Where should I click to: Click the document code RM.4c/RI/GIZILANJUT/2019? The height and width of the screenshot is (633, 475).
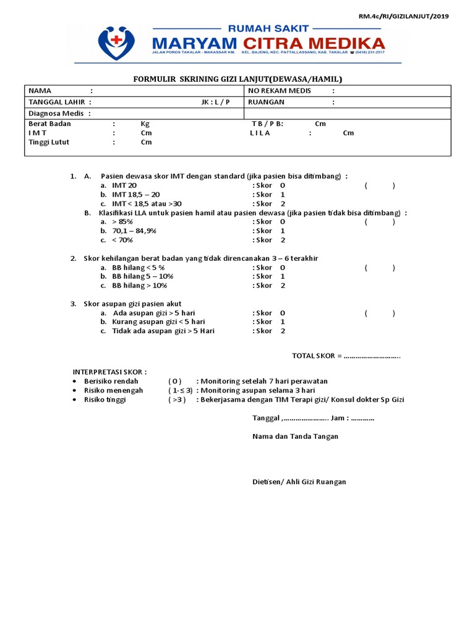coord(404,16)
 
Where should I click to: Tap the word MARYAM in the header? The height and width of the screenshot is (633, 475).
coord(194,43)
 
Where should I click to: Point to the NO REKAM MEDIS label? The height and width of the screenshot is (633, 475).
coord(280,91)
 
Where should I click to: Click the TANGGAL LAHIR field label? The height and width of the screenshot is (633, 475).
coord(57,102)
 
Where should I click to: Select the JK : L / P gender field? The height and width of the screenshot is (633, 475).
coord(215,102)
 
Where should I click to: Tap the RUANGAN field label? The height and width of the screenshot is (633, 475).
coord(266,102)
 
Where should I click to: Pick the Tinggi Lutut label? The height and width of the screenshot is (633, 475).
coord(49,142)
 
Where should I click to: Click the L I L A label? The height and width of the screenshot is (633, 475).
coord(260,133)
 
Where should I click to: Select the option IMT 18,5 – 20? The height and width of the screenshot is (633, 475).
coord(135,194)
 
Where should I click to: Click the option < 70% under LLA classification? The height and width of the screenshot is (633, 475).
coord(122,240)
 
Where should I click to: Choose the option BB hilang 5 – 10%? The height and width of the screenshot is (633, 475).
coord(139,276)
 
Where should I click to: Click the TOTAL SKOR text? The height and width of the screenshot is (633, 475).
coord(314,355)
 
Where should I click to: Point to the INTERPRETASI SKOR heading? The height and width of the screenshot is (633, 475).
coord(110,372)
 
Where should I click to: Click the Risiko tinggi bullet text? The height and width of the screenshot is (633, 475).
coord(105,399)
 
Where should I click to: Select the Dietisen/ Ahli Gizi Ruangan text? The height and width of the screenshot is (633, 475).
coord(299,482)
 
